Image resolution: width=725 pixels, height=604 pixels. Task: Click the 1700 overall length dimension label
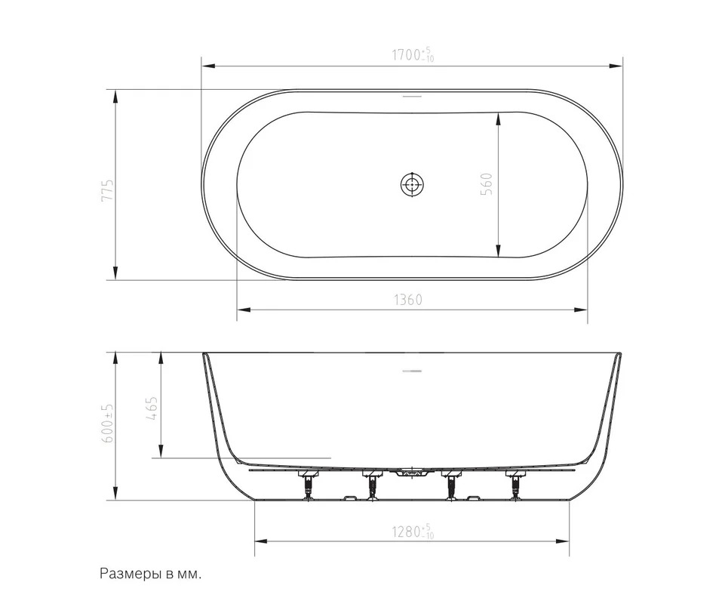[413, 54]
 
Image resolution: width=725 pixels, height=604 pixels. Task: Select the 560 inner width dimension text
[487, 183]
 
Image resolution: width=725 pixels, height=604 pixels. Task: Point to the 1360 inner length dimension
[408, 300]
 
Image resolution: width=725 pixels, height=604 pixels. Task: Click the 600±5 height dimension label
[107, 422]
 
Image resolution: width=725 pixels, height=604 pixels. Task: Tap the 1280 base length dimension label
[413, 532]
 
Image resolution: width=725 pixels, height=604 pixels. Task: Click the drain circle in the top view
[412, 184]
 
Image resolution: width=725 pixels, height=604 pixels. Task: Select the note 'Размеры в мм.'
[151, 575]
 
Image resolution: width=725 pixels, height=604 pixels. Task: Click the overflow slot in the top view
[412, 97]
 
